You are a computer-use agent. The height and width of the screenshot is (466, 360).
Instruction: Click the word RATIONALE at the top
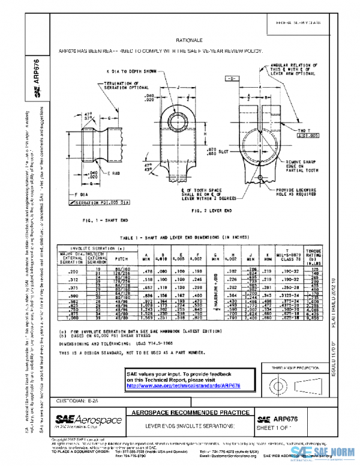tap(179, 40)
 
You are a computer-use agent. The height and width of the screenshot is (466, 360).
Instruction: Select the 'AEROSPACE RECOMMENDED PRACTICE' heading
tap(183, 414)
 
